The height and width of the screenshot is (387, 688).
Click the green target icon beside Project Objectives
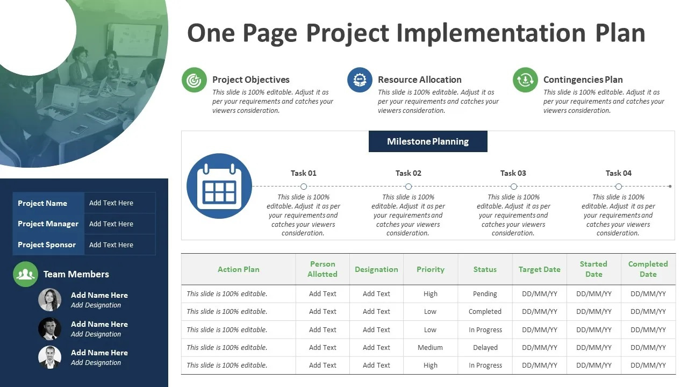[x=194, y=80]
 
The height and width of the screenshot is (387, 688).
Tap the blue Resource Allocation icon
[x=360, y=80]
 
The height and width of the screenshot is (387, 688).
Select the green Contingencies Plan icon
[x=525, y=80]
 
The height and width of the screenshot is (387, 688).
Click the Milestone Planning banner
[x=428, y=141]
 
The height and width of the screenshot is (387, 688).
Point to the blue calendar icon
[x=219, y=186]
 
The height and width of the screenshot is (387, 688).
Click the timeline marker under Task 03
[x=513, y=187]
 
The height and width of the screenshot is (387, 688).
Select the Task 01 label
[x=304, y=173]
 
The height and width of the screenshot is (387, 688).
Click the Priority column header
[x=431, y=269]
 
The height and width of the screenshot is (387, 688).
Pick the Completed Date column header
[x=648, y=269]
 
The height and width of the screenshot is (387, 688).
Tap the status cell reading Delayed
[x=485, y=348]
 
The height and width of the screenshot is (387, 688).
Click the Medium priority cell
[x=431, y=348]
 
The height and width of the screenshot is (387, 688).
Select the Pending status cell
[x=485, y=294]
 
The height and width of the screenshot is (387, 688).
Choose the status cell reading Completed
[x=485, y=312]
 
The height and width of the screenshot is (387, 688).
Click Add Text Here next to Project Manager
[x=111, y=224]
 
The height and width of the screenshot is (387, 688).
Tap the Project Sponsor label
[x=47, y=245]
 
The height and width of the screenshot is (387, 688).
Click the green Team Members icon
[x=25, y=274]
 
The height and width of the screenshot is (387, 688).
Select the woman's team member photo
[x=49, y=300]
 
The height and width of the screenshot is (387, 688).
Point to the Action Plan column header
[x=239, y=269]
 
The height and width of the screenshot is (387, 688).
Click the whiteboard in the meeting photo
[x=135, y=39]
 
